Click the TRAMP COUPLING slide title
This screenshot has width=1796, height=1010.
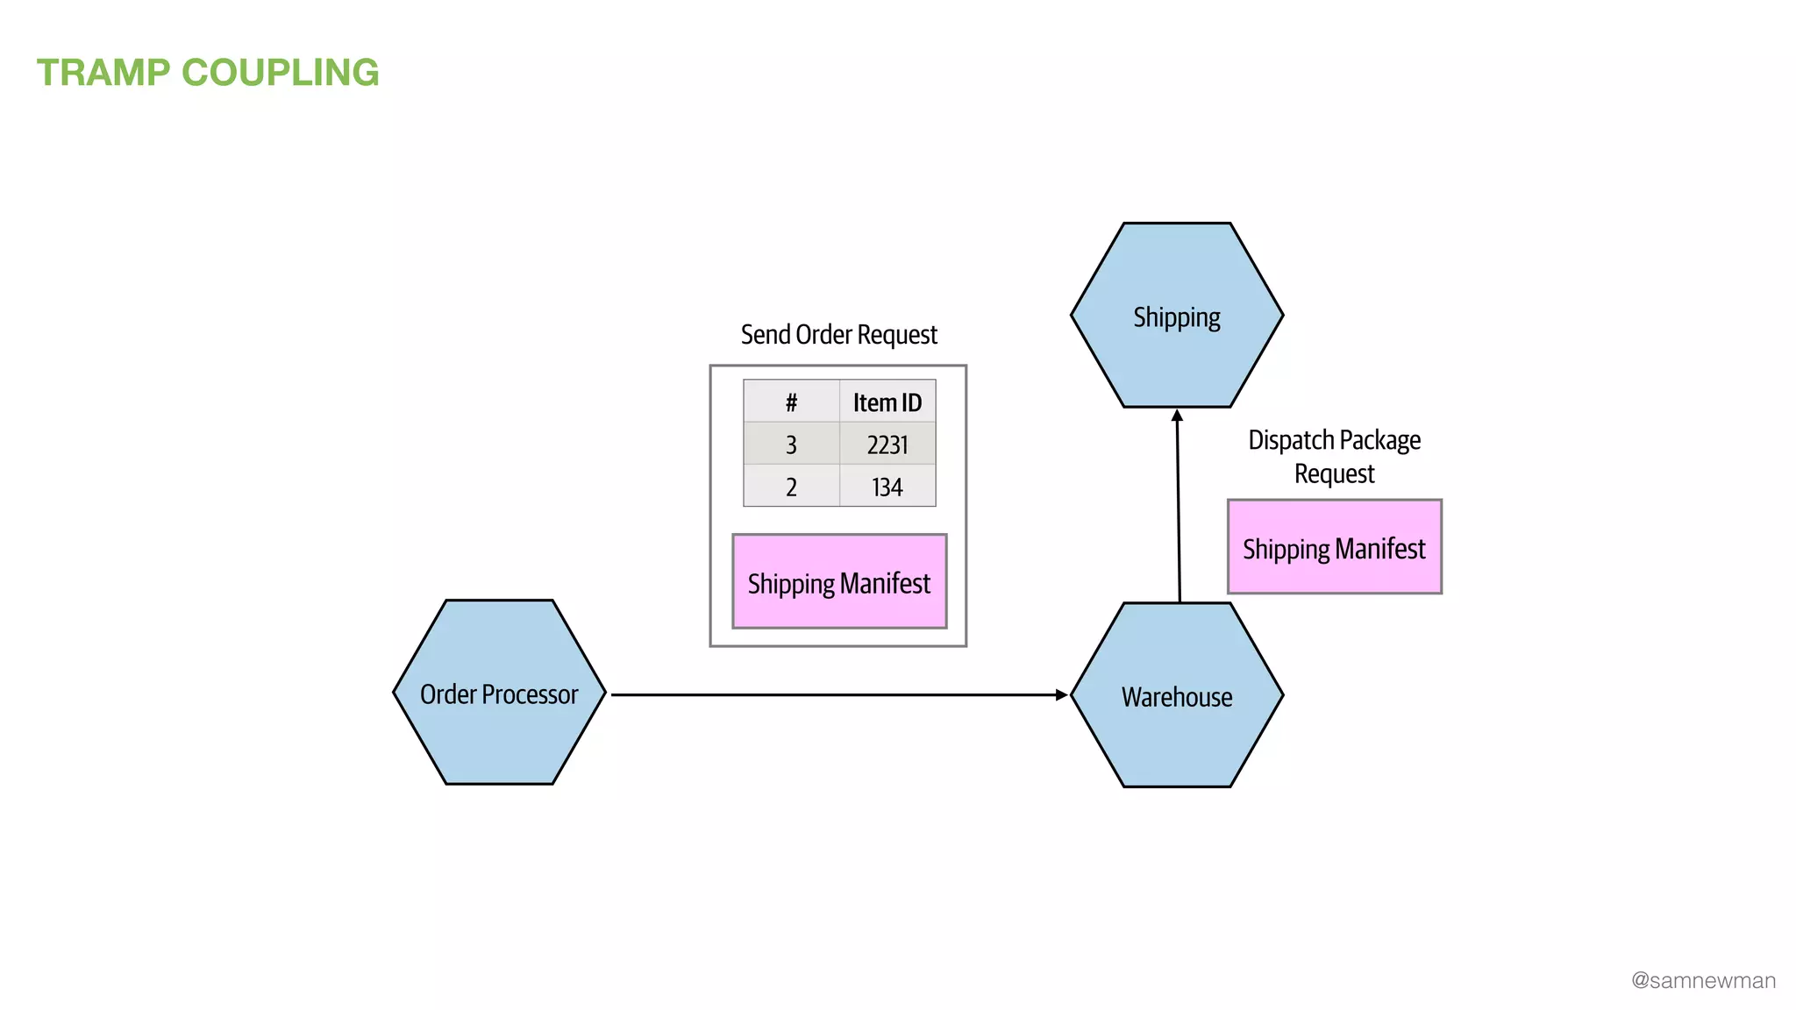[208, 73]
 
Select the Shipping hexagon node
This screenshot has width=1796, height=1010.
[1176, 316]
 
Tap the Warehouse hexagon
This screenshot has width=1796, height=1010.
[1176, 695]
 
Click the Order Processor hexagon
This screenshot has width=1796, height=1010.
[499, 693]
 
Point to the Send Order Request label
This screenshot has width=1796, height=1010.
[838, 335]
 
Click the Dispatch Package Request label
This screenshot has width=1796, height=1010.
[1334, 456]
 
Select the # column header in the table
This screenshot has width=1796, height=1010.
[791, 402]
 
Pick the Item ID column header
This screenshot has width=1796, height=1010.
[887, 402]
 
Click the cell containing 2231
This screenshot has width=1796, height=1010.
[887, 445]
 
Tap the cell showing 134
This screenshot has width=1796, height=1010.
[887, 487]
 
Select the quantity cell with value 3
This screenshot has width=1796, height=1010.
[791, 445]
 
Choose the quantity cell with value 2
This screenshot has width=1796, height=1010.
[791, 487]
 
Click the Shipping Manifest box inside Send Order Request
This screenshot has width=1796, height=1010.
[839, 582]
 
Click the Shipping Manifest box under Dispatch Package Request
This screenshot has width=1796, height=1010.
[1334, 548]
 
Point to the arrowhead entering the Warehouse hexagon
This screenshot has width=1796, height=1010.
[1062, 694]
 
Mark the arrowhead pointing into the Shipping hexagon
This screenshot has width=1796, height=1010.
[1177, 416]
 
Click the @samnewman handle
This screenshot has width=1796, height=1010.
[1703, 980]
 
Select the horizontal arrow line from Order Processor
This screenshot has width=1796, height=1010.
[833, 694]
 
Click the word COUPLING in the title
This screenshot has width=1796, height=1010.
[280, 73]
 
